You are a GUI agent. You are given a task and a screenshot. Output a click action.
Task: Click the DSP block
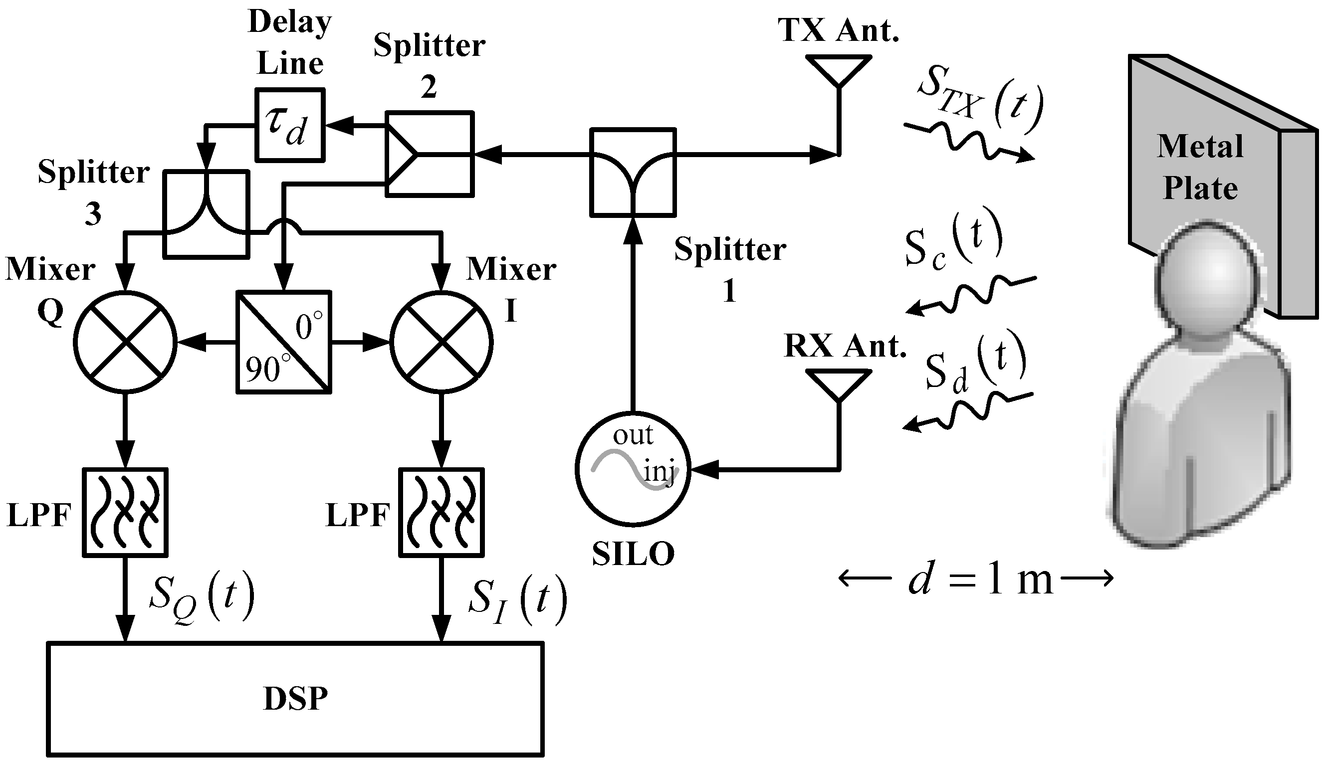click(x=295, y=699)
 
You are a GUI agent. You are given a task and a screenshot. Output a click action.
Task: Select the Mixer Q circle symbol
click(x=125, y=343)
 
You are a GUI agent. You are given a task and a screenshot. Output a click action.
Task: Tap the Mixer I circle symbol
click(x=442, y=343)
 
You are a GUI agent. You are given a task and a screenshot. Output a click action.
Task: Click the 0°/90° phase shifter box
click(x=284, y=342)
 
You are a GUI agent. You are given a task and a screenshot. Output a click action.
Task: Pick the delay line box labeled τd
click(x=290, y=125)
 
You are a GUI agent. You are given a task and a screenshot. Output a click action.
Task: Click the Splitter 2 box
click(x=430, y=154)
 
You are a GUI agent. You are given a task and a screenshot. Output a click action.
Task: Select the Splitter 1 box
click(x=633, y=172)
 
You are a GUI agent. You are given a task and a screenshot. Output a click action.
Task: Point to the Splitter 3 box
click(x=206, y=214)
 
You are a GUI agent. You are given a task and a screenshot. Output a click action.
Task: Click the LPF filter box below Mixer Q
click(x=125, y=512)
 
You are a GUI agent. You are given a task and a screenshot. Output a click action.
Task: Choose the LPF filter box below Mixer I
click(x=442, y=512)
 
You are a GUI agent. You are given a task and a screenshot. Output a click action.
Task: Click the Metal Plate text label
click(x=1200, y=167)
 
